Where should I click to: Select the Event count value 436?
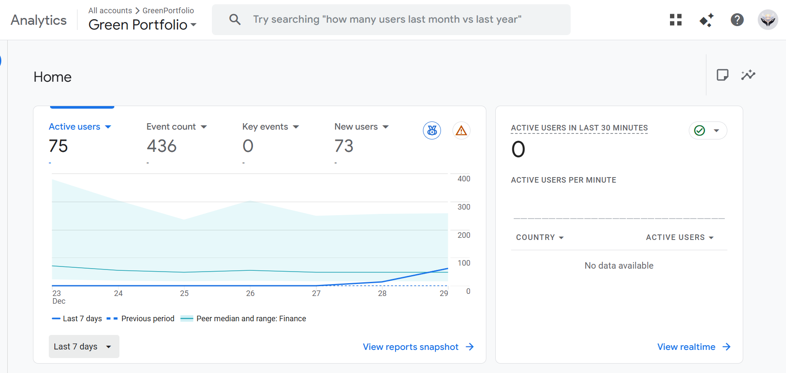161,146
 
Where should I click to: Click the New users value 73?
344,146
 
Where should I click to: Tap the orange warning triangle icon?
461,130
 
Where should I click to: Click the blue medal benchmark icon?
432,130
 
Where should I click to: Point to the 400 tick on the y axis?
464,179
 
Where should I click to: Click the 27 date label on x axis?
316,293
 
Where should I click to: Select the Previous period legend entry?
141,319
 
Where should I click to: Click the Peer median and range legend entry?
244,319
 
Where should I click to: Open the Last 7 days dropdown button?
84,346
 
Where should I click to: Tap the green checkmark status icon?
700,130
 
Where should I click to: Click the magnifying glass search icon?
235,20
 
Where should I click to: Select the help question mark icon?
737,20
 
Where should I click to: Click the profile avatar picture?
768,20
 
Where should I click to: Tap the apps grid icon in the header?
676,20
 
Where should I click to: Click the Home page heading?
53,77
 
